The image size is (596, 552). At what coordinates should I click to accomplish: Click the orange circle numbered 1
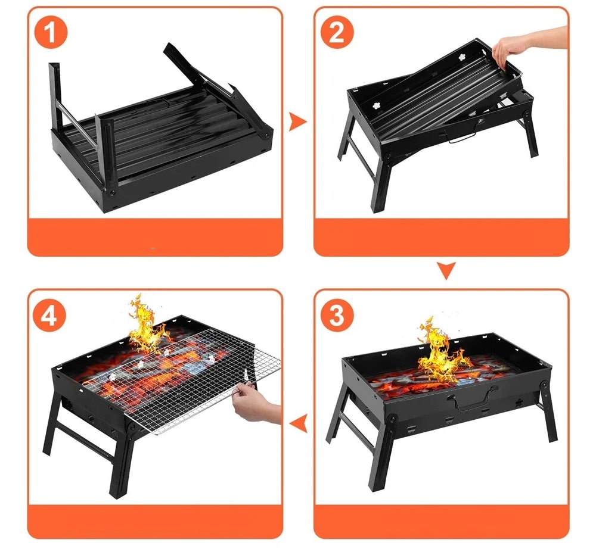pos(51,32)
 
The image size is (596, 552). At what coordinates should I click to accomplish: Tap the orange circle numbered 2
pos(337,32)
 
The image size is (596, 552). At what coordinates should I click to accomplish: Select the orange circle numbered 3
pos(337,315)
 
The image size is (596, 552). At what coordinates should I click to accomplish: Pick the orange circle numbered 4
pos(49,315)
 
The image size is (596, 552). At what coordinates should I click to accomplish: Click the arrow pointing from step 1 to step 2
pos(297,121)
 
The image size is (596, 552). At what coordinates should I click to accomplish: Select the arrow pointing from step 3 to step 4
pos(298,423)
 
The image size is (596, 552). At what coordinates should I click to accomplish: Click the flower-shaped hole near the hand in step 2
pos(462,57)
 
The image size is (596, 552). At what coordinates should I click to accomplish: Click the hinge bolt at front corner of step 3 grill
pos(392,419)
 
